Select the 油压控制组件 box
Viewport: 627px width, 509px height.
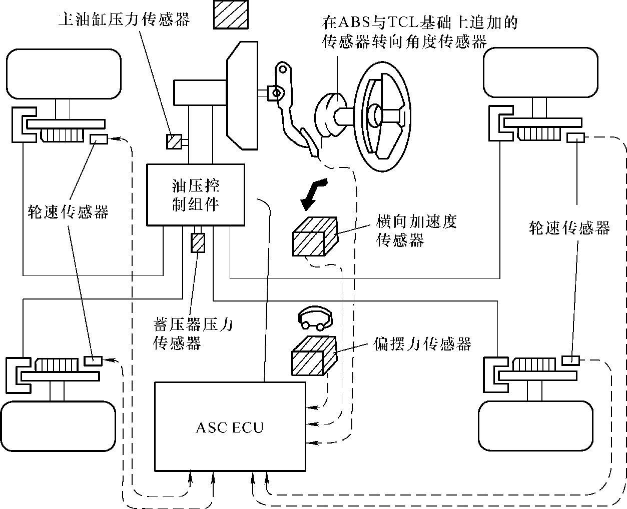196,195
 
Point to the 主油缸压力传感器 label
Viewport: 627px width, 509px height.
124,20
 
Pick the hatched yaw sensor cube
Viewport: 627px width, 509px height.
313,355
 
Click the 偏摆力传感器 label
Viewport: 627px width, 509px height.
422,344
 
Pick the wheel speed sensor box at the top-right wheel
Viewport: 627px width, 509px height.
576,137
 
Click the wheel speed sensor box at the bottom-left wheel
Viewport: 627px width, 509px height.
93,360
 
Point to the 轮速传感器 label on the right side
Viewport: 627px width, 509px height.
569,228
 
